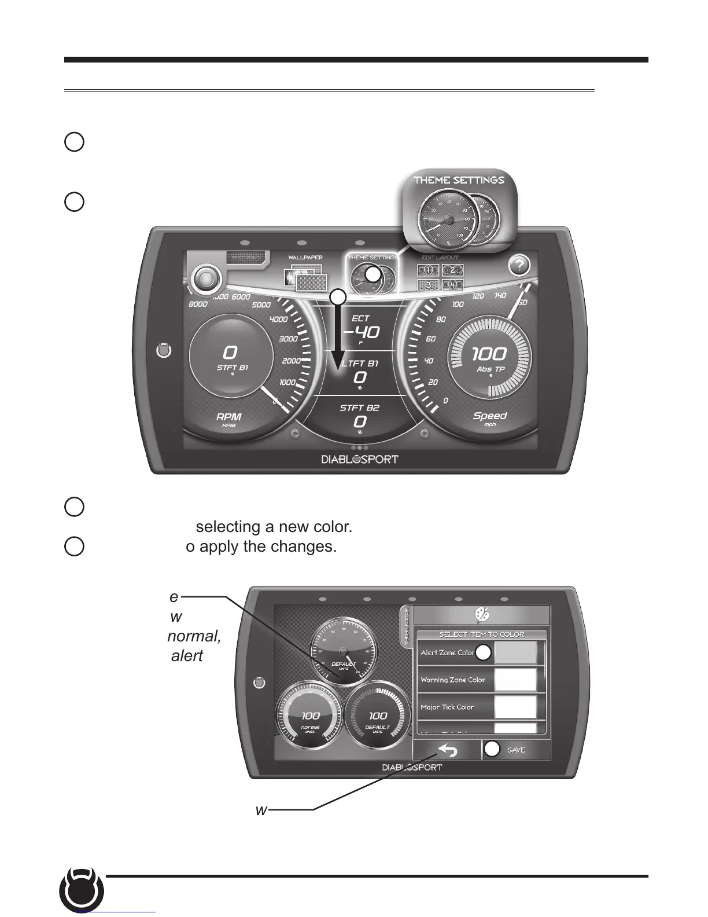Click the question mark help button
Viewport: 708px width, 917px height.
click(x=519, y=266)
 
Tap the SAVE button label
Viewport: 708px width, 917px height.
click(x=516, y=750)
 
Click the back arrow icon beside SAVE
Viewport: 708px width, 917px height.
click(x=447, y=750)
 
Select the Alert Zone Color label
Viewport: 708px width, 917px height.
click(x=448, y=652)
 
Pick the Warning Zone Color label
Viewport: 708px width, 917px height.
click(x=453, y=680)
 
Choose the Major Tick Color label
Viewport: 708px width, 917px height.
click(x=447, y=707)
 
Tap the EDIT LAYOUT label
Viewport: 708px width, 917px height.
click(x=440, y=258)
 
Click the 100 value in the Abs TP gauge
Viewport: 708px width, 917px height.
click(x=489, y=353)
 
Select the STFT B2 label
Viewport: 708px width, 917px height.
click(x=359, y=408)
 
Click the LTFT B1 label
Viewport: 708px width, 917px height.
click(x=360, y=364)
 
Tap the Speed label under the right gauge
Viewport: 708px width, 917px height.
click(x=490, y=416)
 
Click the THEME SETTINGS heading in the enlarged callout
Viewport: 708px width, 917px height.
click(x=459, y=180)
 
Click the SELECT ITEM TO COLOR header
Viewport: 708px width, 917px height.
click(x=481, y=634)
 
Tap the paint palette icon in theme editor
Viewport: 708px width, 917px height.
click(x=481, y=614)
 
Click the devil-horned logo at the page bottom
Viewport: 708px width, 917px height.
click(x=82, y=892)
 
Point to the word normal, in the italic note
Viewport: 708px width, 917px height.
click(x=194, y=636)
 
